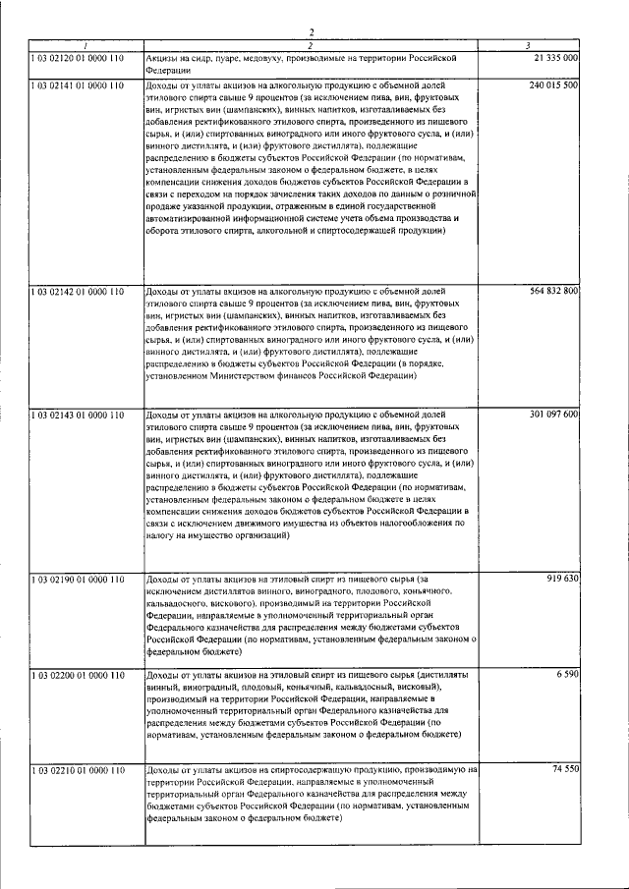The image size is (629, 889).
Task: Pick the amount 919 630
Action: (x=562, y=579)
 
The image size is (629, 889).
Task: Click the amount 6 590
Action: (x=567, y=677)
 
